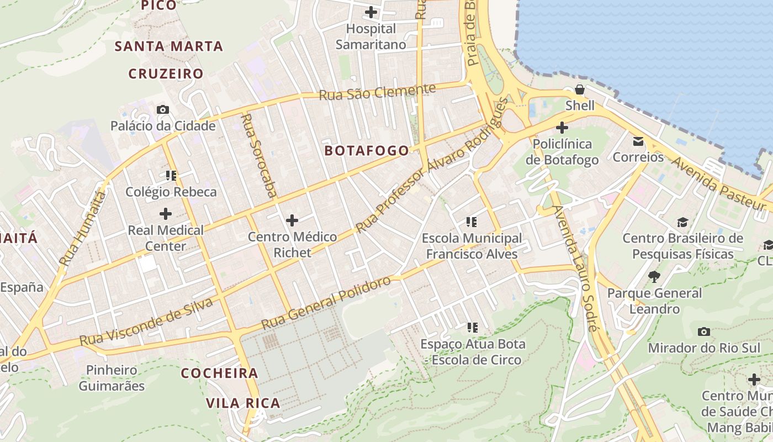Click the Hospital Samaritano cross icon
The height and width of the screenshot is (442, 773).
point(371,12)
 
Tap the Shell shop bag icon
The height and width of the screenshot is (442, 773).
point(579,90)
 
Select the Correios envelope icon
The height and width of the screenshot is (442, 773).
point(638,141)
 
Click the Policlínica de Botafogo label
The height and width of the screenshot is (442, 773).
point(562,152)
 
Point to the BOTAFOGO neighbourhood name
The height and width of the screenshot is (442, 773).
point(367,150)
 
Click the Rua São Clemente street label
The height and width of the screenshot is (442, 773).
point(377,92)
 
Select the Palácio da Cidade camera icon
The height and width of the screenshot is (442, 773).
point(162,109)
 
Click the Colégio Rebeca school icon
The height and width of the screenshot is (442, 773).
point(171,176)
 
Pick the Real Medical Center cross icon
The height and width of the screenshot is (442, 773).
point(165,214)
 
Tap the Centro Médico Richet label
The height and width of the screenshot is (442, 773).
point(292,245)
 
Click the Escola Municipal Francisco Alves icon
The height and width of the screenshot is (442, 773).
point(472,222)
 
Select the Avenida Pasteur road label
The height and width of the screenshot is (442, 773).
point(718,183)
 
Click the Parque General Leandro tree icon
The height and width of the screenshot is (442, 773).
point(654,277)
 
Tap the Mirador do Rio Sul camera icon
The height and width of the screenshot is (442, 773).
point(703,331)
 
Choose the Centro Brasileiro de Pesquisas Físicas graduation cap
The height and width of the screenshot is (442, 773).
point(683,222)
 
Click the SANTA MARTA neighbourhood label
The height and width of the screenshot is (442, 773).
point(168,46)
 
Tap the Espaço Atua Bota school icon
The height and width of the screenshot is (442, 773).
point(472,328)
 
